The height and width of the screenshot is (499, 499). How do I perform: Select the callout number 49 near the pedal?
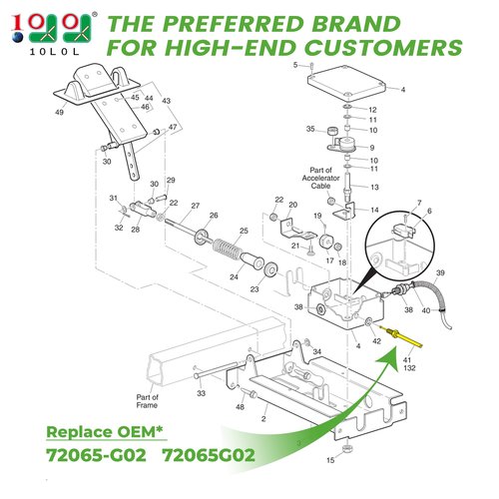click(59, 112)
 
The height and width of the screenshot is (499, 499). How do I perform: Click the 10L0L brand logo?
click(53, 33)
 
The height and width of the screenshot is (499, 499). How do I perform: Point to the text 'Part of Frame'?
click(147, 401)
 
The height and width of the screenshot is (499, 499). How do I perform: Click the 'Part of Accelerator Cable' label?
click(320, 178)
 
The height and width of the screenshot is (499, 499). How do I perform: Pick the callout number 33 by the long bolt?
click(201, 393)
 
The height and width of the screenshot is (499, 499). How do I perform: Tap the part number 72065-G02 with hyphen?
click(96, 455)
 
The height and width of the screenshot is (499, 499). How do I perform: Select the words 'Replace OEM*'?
click(105, 432)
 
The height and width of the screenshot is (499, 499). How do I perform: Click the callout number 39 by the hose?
click(440, 272)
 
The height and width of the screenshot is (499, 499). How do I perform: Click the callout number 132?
click(409, 368)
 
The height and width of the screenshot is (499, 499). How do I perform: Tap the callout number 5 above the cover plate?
click(295, 65)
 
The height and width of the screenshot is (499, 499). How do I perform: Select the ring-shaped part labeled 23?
click(271, 269)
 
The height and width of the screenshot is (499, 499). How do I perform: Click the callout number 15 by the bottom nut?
click(330, 460)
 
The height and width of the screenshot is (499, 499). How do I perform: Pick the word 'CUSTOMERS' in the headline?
click(383, 48)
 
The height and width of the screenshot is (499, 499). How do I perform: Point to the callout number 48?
click(240, 407)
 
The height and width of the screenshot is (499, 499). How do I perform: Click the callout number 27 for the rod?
click(196, 206)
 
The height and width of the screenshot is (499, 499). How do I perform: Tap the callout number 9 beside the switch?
click(372, 148)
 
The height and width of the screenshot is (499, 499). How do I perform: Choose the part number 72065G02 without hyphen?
click(209, 455)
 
